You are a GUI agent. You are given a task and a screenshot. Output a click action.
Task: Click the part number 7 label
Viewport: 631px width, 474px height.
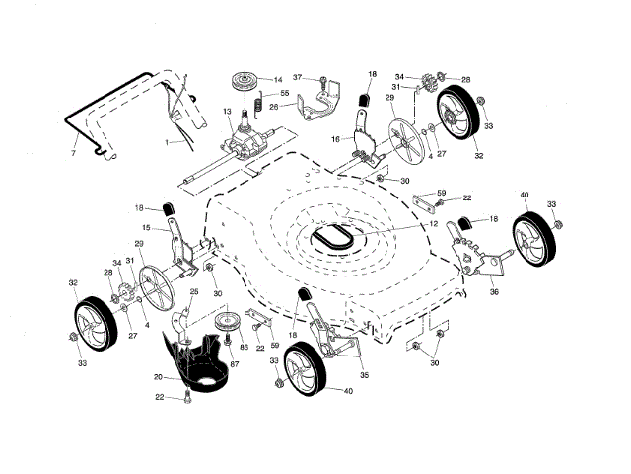pos(73,154)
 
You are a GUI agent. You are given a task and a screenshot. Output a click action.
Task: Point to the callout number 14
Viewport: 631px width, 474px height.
pos(277,80)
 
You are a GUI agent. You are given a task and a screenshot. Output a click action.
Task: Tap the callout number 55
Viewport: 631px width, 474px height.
pos(284,94)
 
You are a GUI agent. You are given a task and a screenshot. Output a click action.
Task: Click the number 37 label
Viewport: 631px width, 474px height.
pos(296,77)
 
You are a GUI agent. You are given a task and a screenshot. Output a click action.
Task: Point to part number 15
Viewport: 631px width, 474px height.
pos(145,228)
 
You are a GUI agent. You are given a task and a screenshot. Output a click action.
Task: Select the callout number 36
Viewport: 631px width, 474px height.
pos(494,290)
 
